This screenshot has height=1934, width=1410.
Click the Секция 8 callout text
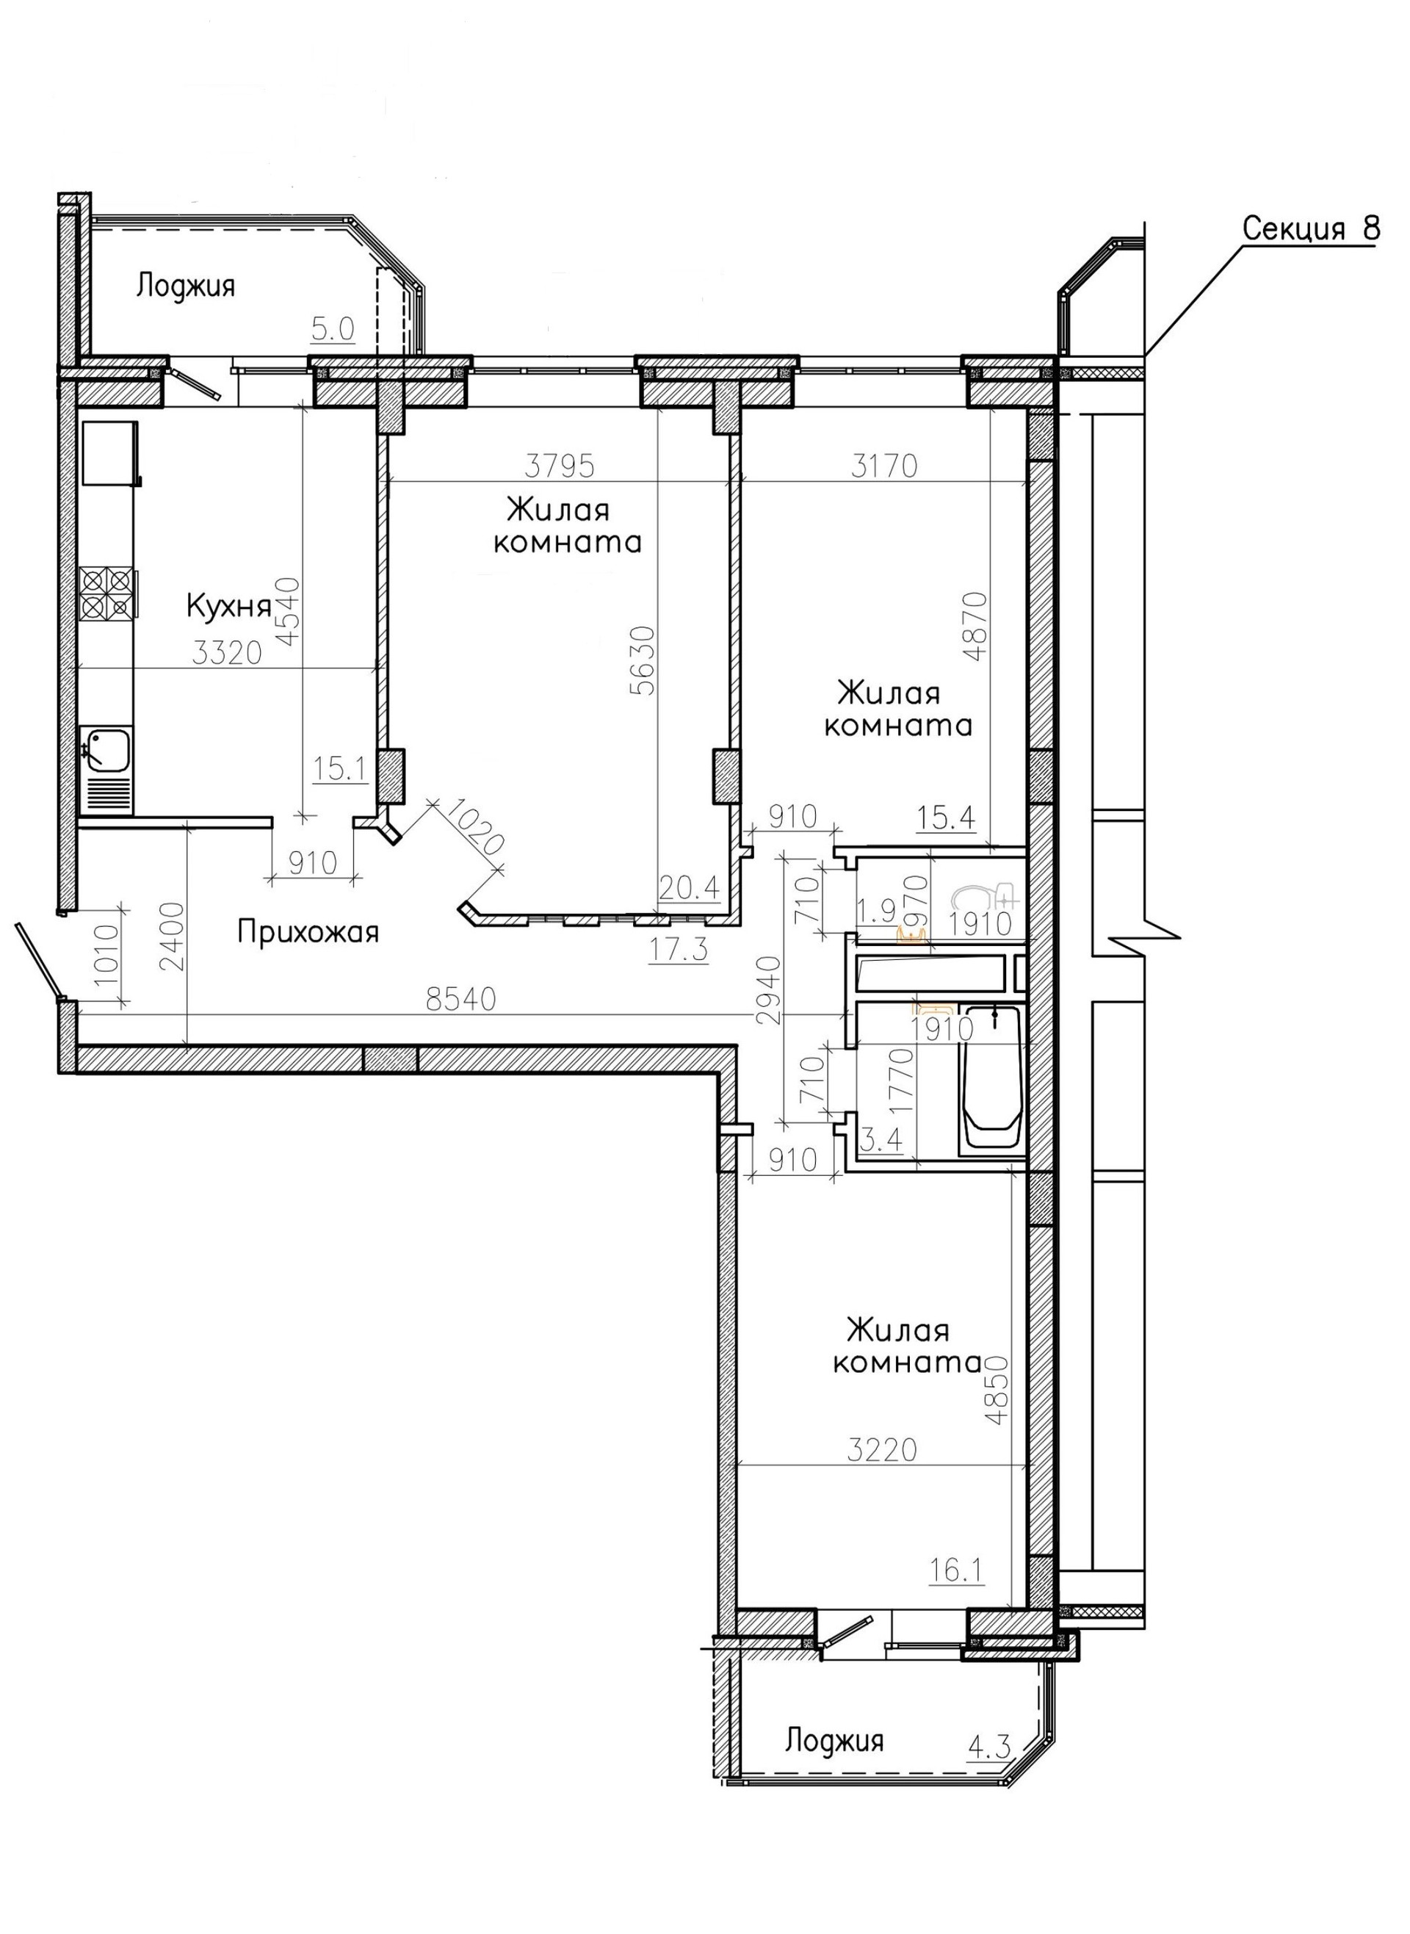[x=1309, y=228]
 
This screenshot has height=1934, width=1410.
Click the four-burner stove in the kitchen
[x=106, y=593]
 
